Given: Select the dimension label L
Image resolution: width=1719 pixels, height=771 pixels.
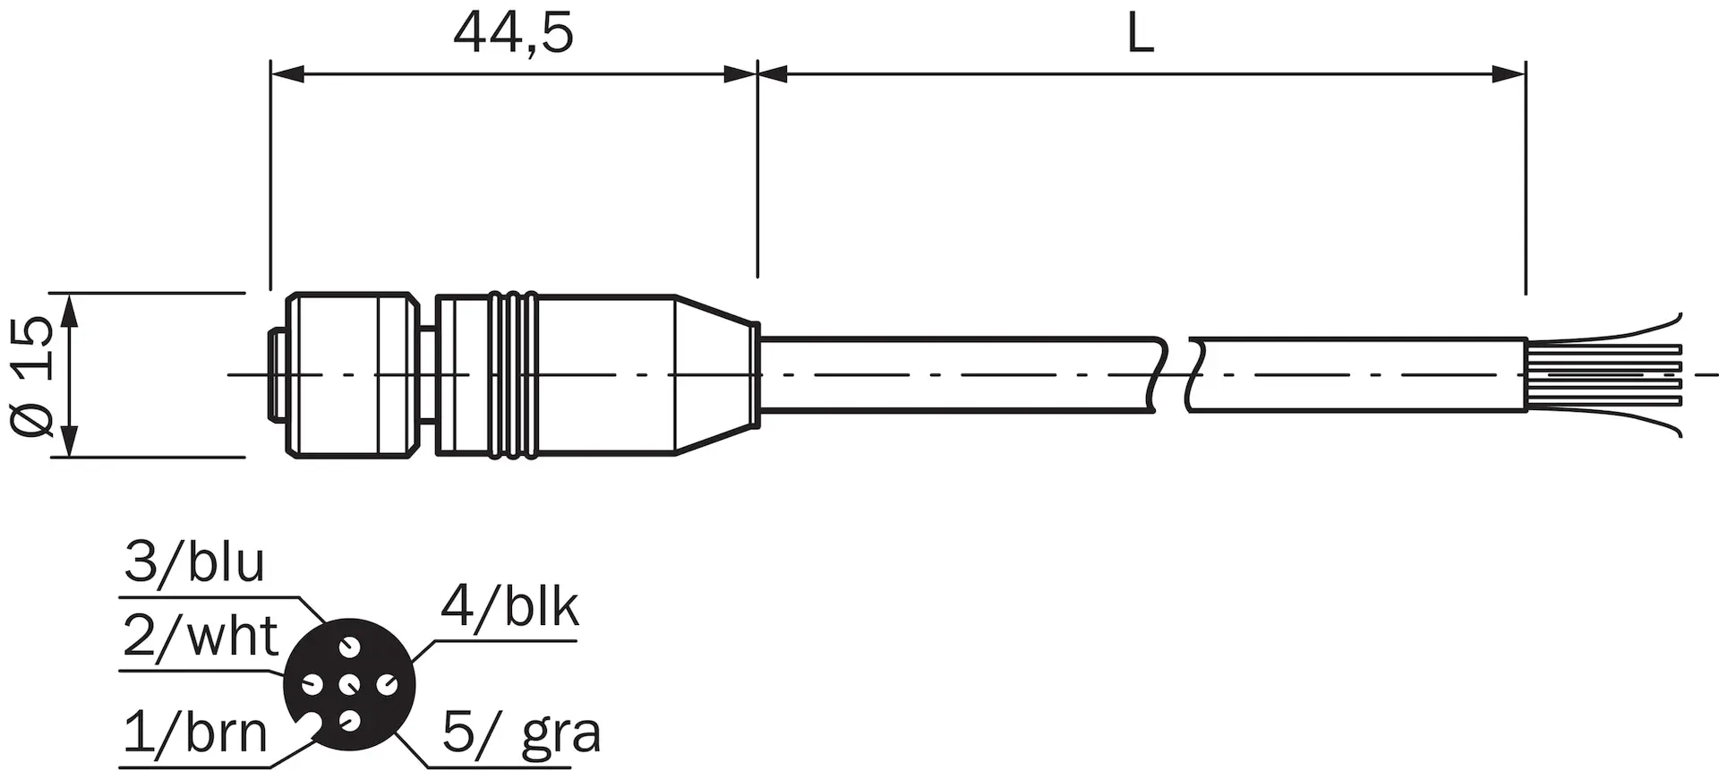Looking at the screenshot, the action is (x=1140, y=35).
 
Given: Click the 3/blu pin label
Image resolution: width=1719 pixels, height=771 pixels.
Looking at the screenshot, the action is (x=194, y=562).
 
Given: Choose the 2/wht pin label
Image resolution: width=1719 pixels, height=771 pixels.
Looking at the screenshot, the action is (x=201, y=637).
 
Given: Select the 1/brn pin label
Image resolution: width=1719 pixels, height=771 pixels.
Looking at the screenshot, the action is (x=195, y=732).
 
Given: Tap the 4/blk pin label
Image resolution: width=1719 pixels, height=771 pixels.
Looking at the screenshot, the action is (x=509, y=606).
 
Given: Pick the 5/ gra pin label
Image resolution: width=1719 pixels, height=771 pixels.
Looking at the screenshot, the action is (x=521, y=734).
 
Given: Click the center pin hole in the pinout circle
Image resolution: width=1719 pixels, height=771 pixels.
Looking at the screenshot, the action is (x=349, y=685).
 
